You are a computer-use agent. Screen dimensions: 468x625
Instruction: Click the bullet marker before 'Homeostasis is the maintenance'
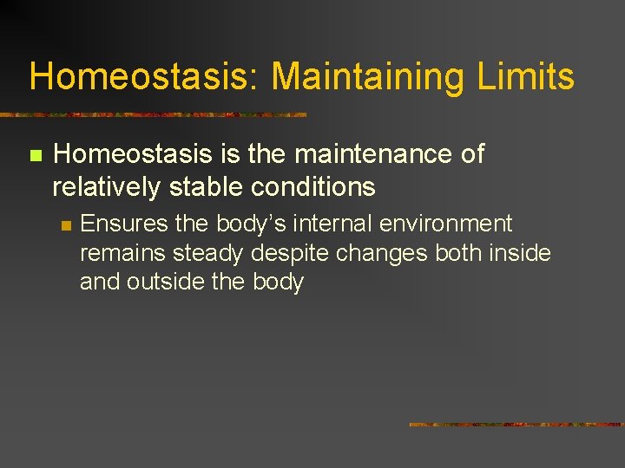coord(36,156)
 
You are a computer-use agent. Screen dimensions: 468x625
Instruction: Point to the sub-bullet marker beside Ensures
coord(64,225)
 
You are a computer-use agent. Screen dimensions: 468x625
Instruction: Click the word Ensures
coord(124,224)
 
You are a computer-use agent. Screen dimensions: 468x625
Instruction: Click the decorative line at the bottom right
coord(516,425)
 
